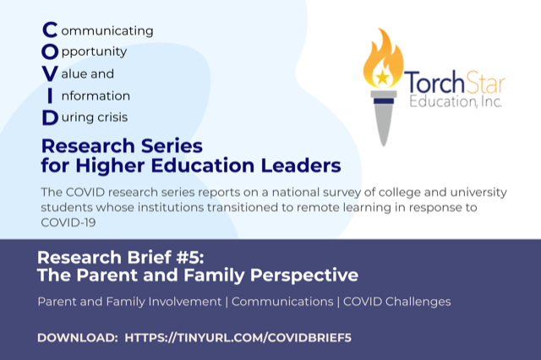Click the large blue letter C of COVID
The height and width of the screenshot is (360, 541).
(x=50, y=30)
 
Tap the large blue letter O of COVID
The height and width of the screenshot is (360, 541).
(x=50, y=52)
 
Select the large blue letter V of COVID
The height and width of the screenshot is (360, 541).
(x=50, y=74)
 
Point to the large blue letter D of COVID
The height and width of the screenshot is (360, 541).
(x=50, y=117)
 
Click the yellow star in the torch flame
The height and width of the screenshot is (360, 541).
(x=383, y=77)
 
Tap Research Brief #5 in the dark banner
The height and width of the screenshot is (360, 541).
(x=114, y=258)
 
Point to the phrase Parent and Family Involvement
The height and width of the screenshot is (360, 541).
(x=130, y=301)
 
